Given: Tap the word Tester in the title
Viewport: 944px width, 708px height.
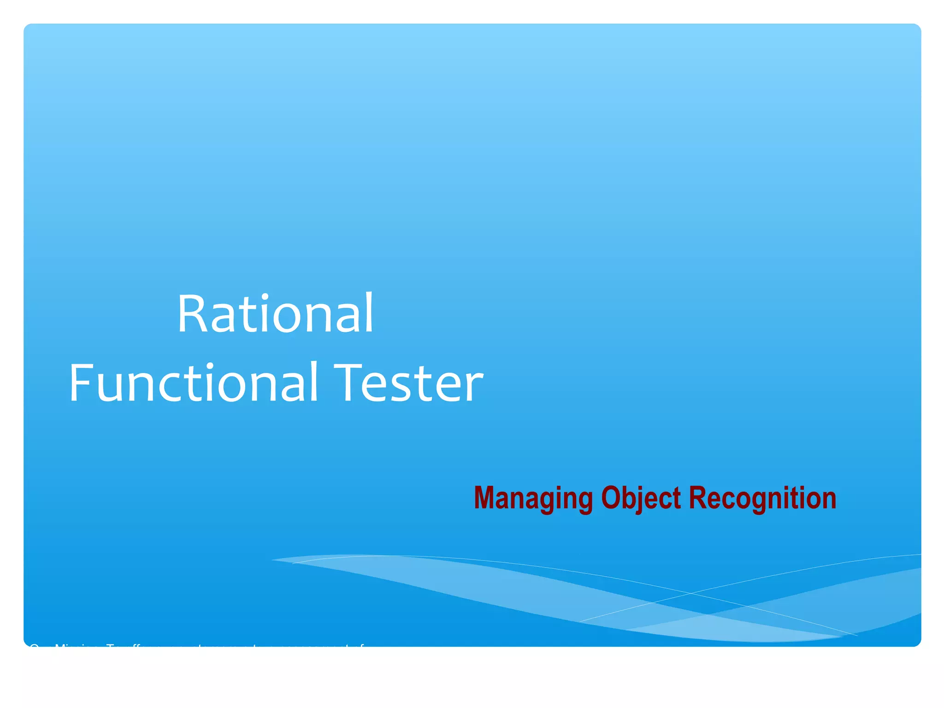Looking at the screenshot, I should [x=408, y=382].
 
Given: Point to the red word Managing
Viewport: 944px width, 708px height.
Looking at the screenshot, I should [x=533, y=499].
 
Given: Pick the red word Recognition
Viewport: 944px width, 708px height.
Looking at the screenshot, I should [x=762, y=499].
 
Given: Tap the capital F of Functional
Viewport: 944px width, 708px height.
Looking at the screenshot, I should [x=81, y=382].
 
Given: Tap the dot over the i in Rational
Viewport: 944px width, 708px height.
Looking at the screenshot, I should [x=264, y=297].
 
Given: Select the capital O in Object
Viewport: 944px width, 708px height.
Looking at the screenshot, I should [x=610, y=498].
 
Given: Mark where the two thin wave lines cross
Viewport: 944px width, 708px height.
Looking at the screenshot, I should [x=690, y=593].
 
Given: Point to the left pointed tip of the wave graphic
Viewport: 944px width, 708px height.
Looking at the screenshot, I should [x=273, y=560].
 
